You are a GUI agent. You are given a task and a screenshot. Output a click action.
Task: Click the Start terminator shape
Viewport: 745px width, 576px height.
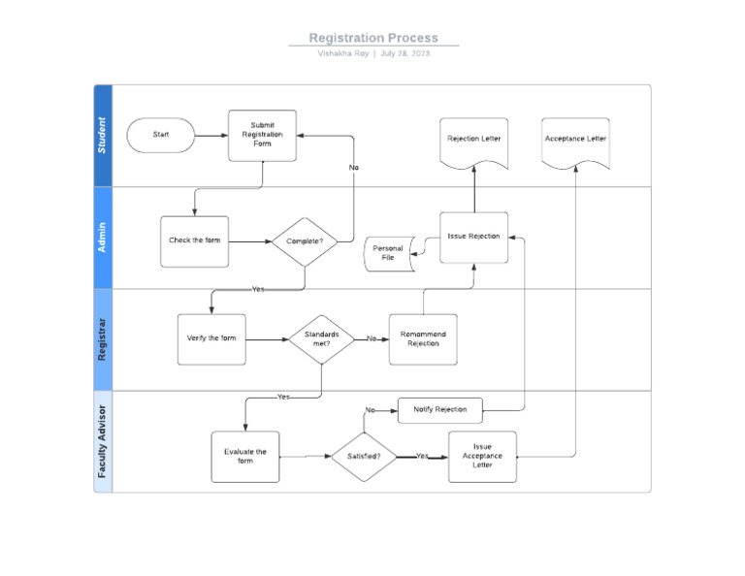[161, 135]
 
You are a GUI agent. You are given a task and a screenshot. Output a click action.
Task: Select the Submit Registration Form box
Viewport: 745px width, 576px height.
[262, 135]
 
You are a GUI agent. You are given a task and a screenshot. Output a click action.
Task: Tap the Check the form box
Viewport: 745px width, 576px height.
[194, 240]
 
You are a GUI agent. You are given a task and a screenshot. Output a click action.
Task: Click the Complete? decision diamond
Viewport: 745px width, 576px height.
[305, 240]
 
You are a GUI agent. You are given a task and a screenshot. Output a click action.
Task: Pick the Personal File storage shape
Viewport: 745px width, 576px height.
[389, 253]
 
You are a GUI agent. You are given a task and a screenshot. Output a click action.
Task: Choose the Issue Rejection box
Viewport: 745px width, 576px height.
[473, 237]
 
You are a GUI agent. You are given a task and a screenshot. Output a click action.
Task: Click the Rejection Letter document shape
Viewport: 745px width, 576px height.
[474, 143]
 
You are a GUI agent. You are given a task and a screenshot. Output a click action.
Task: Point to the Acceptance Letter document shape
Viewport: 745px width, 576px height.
[576, 143]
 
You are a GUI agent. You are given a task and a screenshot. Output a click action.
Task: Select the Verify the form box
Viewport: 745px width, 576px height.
[211, 338]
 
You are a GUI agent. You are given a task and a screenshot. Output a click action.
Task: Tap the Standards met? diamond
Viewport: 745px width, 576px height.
[321, 338]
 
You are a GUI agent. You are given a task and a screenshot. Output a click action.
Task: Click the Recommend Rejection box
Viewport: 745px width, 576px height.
[423, 338]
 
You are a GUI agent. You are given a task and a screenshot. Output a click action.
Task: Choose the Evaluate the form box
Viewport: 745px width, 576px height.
[245, 456]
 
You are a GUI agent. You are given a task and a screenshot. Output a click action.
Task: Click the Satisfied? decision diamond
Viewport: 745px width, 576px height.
[364, 456]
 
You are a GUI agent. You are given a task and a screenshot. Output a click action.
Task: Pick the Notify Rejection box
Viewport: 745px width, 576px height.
[440, 409]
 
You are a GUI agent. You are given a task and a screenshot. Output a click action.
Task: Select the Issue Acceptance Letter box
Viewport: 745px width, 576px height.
[482, 456]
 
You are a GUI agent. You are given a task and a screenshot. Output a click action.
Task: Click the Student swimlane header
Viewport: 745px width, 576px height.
[103, 136]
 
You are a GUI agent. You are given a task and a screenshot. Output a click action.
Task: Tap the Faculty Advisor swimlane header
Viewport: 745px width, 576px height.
[103, 442]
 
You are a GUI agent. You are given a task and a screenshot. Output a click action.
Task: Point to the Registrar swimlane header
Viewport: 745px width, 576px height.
[103, 339]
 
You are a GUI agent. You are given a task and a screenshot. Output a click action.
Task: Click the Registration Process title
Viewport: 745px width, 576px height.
[373, 38]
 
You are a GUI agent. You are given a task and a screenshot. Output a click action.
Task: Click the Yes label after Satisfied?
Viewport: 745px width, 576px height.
[423, 456]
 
